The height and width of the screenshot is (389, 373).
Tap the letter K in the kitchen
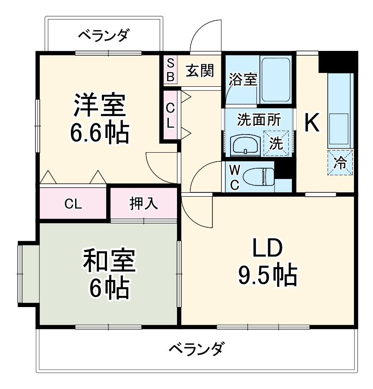pos(312,123)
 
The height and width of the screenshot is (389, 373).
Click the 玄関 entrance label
pos(200,70)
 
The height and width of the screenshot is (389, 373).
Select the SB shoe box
pos(171,70)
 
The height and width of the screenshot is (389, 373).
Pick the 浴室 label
pos(243,79)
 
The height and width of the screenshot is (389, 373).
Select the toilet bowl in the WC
pos(258,176)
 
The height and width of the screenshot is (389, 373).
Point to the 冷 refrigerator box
pos(341,163)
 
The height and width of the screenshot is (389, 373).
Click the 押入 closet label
pos(144,204)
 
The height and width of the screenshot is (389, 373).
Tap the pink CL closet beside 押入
pos(73,204)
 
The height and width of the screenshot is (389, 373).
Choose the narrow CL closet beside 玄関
pos(171,115)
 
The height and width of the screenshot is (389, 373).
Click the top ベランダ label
pos(103,35)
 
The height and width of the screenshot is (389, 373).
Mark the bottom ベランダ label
pos(196,348)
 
